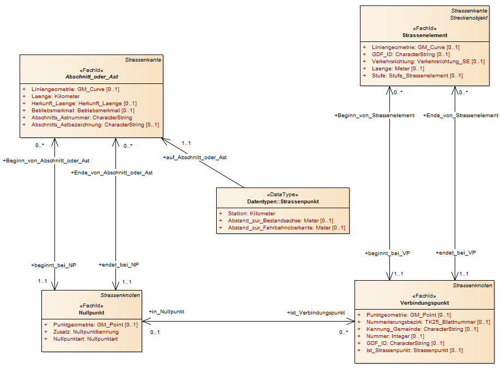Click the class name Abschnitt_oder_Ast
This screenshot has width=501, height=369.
point(91,77)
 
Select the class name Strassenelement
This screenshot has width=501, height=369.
point(425,35)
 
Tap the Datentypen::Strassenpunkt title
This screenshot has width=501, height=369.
point(283,202)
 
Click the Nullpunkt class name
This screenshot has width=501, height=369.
point(91,313)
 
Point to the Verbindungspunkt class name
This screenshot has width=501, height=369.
point(424,303)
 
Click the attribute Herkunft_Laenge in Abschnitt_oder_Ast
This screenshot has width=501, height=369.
point(84,103)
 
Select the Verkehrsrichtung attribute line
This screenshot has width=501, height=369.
point(428,62)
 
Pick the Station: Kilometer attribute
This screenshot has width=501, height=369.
point(252,213)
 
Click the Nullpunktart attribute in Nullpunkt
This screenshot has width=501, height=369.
point(85,338)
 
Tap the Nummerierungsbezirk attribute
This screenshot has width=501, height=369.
point(428,322)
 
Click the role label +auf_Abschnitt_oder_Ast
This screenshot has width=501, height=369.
point(194,158)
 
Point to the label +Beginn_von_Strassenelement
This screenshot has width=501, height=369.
point(374,116)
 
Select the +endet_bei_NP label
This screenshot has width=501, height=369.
point(119,265)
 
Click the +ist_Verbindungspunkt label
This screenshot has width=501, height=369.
point(316,313)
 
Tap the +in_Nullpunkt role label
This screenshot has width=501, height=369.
point(166,311)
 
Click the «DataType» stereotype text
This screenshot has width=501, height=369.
point(283,195)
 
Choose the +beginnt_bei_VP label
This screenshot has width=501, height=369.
point(387,253)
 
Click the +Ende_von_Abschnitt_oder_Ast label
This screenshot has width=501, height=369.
point(112,173)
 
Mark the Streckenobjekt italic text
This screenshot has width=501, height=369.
point(469,18)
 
